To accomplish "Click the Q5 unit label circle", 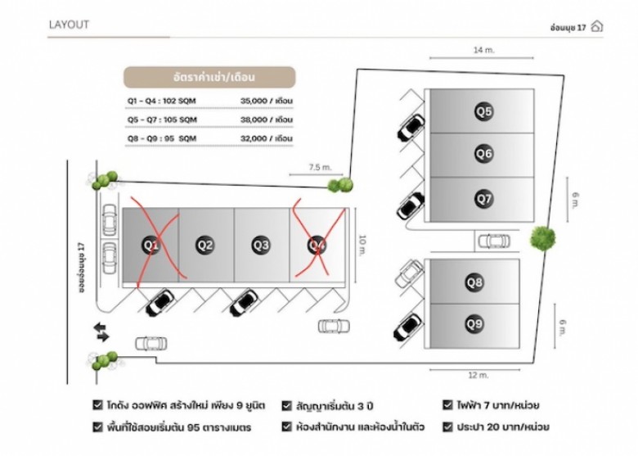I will [x=483, y=111].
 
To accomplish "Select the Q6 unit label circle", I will [x=483, y=153].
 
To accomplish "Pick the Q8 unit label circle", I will [x=474, y=282].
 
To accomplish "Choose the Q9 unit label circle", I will [x=474, y=323].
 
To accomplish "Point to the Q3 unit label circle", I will [x=261, y=244].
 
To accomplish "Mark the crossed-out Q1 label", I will [x=150, y=244].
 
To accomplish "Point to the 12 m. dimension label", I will [x=478, y=375].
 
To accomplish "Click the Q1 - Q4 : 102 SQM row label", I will [x=161, y=101].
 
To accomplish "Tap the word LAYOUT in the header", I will [x=69, y=25].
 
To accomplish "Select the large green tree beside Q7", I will [x=542, y=238].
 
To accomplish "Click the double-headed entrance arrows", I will [x=102, y=331].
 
